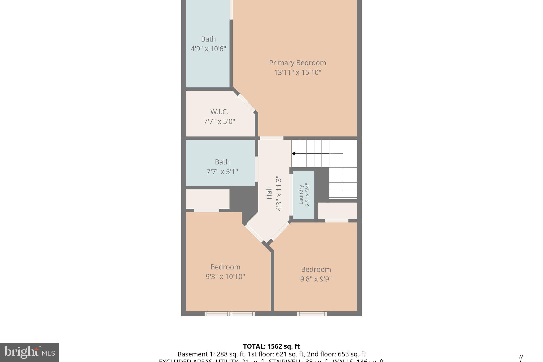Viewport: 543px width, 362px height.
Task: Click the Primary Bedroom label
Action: [x=297, y=63]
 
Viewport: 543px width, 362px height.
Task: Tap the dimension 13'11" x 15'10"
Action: [x=297, y=72]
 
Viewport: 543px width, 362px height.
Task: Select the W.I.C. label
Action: [x=219, y=112]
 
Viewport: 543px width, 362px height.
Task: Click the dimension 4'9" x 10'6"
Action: [x=208, y=49]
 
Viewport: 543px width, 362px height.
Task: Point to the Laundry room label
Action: [x=301, y=195]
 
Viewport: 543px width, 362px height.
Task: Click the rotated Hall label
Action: [x=269, y=193]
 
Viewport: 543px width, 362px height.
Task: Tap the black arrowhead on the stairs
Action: [x=294, y=154]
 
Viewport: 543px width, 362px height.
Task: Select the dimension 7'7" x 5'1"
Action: [x=222, y=172]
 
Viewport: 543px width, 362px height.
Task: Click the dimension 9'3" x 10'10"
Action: [x=225, y=277]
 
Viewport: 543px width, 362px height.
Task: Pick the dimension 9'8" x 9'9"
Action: [x=316, y=279]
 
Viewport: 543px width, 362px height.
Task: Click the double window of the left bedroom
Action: [x=230, y=314]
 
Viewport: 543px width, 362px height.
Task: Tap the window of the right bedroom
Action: [x=312, y=314]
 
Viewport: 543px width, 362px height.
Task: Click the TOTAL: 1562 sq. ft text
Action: [x=271, y=346]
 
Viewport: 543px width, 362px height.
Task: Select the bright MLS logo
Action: [x=29, y=352]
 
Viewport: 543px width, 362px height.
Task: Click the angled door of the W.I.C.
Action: [x=246, y=103]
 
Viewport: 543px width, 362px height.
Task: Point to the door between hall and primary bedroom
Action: [x=272, y=138]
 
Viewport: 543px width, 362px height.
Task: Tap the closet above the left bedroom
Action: [x=208, y=199]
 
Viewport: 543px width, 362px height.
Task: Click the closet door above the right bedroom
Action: [x=337, y=221]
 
